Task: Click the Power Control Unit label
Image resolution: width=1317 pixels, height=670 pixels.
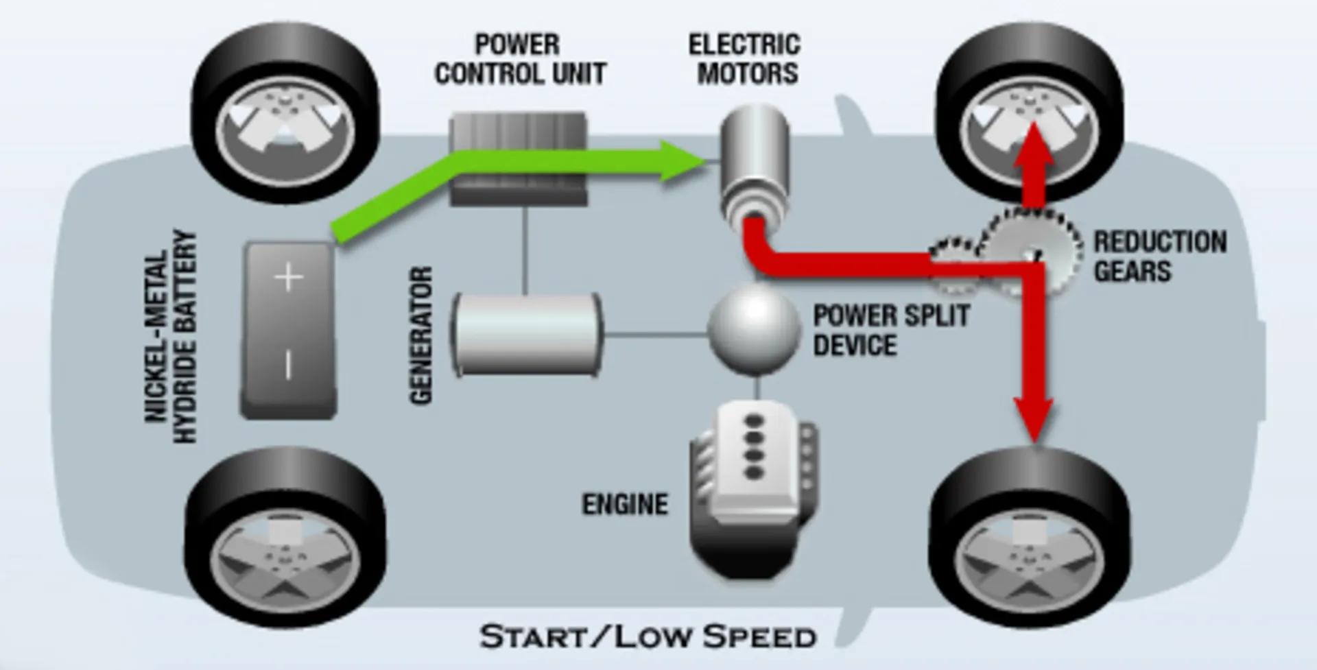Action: coord(520,60)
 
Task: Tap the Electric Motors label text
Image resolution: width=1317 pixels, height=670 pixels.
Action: coord(746,60)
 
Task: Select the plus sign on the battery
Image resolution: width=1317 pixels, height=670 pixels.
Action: coord(288,278)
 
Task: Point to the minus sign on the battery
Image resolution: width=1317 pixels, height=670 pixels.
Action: coord(288,364)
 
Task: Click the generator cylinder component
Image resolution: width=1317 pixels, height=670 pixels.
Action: coord(527,335)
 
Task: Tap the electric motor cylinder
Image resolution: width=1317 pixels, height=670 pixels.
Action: coord(755,161)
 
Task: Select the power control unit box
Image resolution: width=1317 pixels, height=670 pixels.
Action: coord(519,159)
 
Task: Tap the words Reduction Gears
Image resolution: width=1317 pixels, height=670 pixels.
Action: coord(1159,256)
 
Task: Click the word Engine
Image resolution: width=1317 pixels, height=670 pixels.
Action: coord(625,505)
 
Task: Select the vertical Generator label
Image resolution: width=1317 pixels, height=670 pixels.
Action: coord(422,335)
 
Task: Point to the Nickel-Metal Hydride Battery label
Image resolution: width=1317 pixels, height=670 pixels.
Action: coord(171,336)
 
